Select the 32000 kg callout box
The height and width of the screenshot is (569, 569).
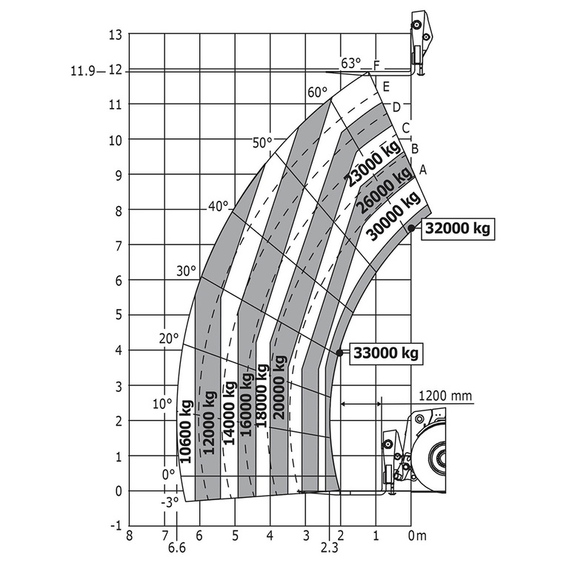[459, 229]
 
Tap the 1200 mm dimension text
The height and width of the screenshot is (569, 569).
[445, 396]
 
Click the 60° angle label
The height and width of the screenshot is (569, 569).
[317, 93]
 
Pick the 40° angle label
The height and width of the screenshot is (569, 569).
[218, 207]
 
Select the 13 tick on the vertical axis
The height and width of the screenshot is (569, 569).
[114, 34]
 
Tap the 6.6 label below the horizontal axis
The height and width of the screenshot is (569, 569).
[176, 548]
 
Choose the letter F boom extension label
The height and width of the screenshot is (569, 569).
[376, 66]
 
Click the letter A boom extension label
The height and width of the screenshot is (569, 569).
[423, 170]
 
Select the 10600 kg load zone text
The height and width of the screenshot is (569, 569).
[186, 431]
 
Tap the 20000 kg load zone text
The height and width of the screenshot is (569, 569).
[279, 387]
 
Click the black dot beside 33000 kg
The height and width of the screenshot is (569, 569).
[339, 353]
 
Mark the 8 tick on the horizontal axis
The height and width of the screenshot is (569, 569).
[130, 535]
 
